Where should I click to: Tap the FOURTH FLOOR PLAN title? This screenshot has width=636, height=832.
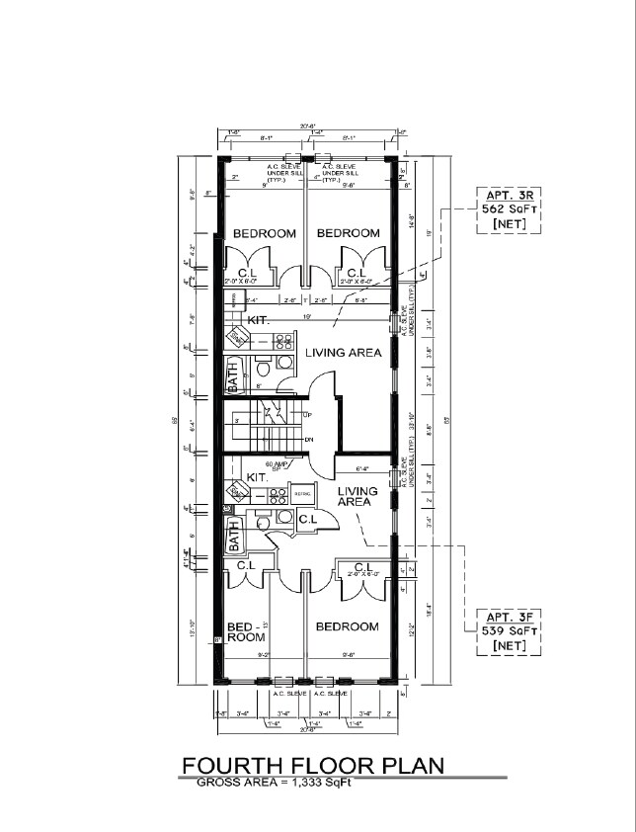pos(312,766)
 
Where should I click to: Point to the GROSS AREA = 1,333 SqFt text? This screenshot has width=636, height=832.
pos(274,783)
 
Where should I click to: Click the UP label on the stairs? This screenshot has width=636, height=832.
pos(309,413)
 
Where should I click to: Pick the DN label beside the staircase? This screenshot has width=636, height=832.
pos(309,440)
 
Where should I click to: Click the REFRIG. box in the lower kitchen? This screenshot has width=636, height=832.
pos(302,492)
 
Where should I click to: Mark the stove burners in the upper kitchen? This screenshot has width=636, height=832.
pos(283,341)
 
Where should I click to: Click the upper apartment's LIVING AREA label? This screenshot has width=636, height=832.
pos(343,353)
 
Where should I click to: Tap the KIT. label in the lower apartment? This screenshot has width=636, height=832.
pos(258,476)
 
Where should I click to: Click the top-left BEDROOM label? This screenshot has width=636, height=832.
pos(265,233)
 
